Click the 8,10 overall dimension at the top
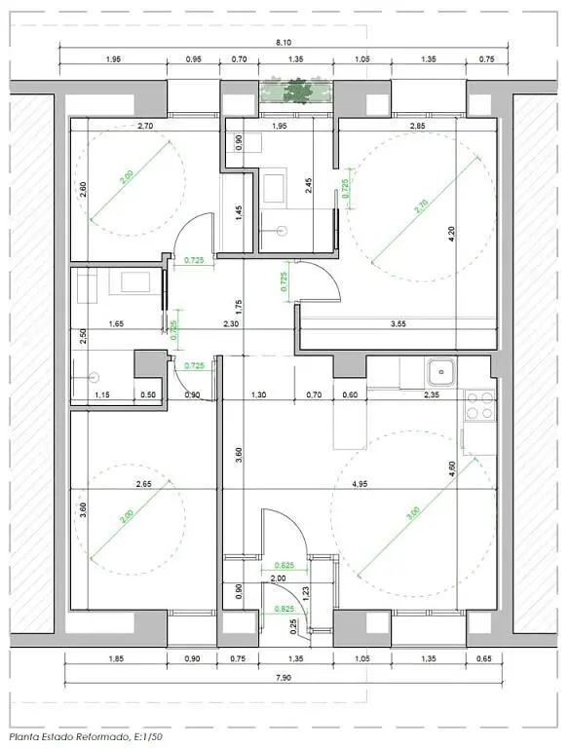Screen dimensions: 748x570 tap(284, 43)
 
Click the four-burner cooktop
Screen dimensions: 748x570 tap(478, 405)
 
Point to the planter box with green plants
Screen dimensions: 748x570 tap(294, 93)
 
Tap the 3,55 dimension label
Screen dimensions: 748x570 tap(399, 322)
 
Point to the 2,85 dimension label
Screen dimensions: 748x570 tap(417, 127)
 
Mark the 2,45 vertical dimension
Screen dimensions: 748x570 tap(309, 186)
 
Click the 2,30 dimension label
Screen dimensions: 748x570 tap(231, 323)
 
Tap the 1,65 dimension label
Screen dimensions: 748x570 tap(116, 323)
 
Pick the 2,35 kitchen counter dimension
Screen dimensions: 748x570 tap(429, 394)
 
